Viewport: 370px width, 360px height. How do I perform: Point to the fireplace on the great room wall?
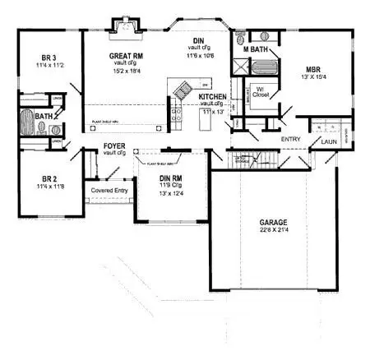coord(126,26)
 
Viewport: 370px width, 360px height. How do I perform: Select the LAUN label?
coord(331,141)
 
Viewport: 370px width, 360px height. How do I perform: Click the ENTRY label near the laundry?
coord(290,140)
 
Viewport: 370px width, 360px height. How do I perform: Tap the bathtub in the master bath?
coord(254,36)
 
